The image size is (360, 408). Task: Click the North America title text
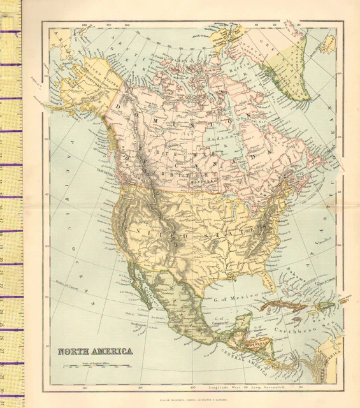click(96, 351)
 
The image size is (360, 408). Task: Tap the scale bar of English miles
click(95, 367)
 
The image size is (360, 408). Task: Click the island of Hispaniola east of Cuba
click(319, 310)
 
